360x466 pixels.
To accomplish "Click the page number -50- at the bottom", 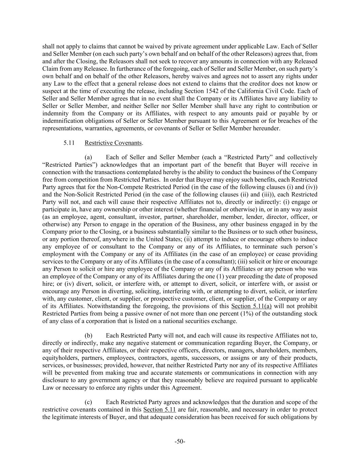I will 180,442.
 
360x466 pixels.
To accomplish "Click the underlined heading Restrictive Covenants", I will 113,143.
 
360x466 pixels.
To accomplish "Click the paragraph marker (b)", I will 88,335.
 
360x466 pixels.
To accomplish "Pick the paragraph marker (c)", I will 88,402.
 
